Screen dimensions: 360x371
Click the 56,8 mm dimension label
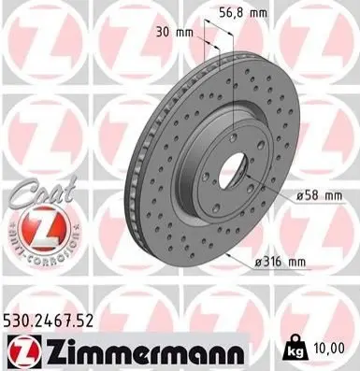(x=243, y=13)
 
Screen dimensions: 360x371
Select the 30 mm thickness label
(x=174, y=32)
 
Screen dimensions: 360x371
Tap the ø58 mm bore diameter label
(x=319, y=196)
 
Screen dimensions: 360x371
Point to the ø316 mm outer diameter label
(x=281, y=262)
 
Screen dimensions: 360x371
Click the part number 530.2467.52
(x=49, y=321)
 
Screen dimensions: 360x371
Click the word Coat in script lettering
(x=44, y=192)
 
